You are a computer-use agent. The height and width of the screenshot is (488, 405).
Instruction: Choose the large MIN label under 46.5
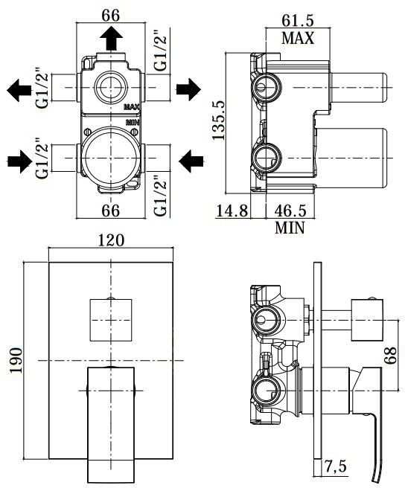(290, 228)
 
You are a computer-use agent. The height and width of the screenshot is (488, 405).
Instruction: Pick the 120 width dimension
(109, 241)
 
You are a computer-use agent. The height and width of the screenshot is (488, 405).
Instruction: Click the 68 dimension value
(389, 353)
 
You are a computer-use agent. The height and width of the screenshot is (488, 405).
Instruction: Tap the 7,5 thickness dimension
(337, 468)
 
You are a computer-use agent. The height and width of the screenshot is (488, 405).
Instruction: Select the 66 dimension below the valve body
(110, 211)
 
